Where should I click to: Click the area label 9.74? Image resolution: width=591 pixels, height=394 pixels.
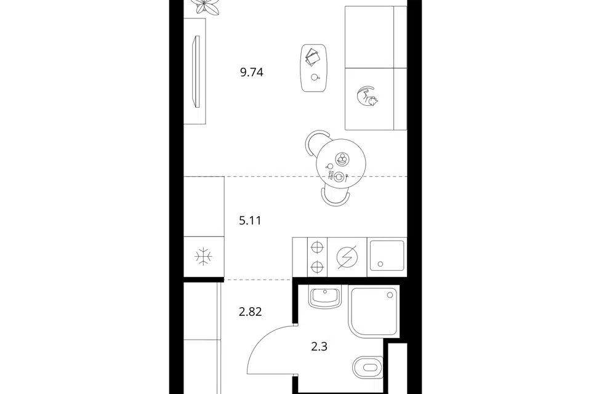[251, 72]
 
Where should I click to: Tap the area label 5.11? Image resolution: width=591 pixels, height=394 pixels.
[250, 220]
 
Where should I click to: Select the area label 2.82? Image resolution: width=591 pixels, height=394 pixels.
[251, 312]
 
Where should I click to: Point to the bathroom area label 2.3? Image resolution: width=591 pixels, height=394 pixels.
[319, 347]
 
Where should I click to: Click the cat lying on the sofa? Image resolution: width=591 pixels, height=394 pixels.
[367, 96]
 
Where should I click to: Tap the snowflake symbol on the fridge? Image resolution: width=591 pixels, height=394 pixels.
[203, 257]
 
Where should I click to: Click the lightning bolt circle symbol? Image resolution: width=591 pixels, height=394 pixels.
[347, 257]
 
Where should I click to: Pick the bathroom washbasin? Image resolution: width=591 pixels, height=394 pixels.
[325, 297]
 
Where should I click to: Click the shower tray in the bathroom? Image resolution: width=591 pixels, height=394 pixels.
[374, 312]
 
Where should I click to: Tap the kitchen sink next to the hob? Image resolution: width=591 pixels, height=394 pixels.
[387, 256]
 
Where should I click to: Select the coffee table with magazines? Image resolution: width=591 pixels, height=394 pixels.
[314, 68]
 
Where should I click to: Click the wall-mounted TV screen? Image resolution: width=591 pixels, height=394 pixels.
[196, 72]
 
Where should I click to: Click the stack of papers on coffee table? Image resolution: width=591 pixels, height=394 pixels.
[313, 57]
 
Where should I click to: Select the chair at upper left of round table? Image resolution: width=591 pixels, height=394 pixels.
[316, 143]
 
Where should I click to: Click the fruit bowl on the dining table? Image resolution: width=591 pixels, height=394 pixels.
[342, 158]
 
